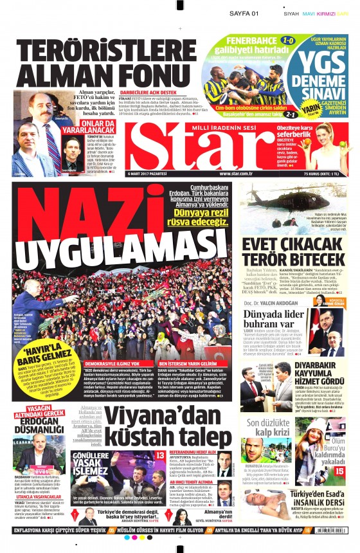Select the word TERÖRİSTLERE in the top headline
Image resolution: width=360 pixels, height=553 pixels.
[x=90, y=52]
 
